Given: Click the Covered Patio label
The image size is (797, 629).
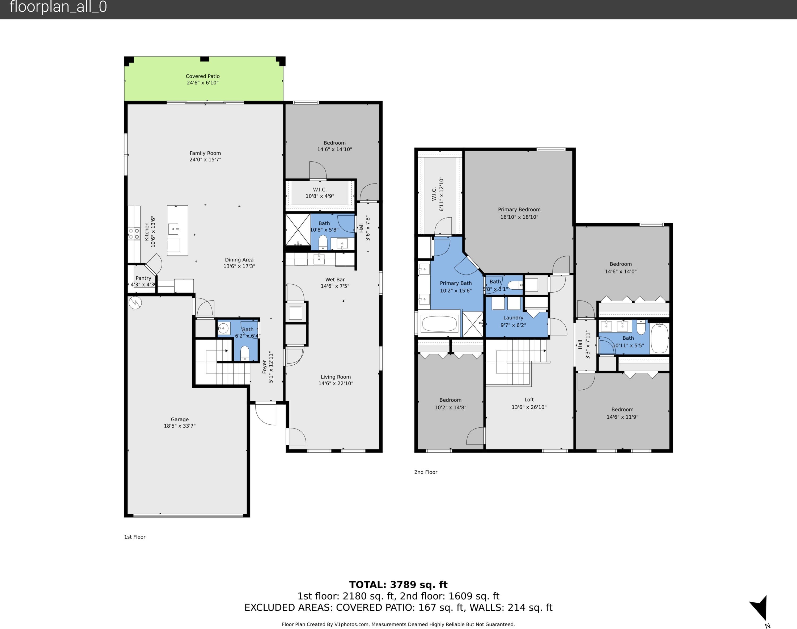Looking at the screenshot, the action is pyautogui.click(x=203, y=76).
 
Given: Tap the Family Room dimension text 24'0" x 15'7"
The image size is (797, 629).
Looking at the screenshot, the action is pyautogui.click(x=205, y=160).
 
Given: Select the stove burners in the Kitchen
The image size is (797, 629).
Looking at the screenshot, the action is pyautogui.click(x=134, y=234).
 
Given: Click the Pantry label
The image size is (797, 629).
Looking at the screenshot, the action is pyautogui.click(x=143, y=278).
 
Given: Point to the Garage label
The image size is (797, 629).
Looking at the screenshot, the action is pyautogui.click(x=180, y=419).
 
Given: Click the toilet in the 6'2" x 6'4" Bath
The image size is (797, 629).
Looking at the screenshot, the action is pyautogui.click(x=245, y=353).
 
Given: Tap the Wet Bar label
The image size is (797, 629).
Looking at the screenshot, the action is pyautogui.click(x=335, y=280).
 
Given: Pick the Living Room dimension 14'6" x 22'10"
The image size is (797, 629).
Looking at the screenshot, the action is pyautogui.click(x=336, y=383).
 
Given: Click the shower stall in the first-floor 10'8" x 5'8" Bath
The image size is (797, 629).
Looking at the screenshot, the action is pyautogui.click(x=298, y=230).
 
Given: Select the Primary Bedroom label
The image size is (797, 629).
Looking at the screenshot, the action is pyautogui.click(x=519, y=209).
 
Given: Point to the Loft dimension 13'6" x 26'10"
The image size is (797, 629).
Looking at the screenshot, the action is pyautogui.click(x=529, y=407).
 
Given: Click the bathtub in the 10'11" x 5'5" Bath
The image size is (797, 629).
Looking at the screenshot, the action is pyautogui.click(x=659, y=338).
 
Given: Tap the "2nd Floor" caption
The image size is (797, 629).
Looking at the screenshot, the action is pyautogui.click(x=426, y=472).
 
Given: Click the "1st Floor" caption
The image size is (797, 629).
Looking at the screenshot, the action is pyautogui.click(x=135, y=537).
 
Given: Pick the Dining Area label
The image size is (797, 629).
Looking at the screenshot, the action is pyautogui.click(x=239, y=260).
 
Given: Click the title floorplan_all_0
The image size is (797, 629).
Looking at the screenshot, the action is pyautogui.click(x=58, y=7).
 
